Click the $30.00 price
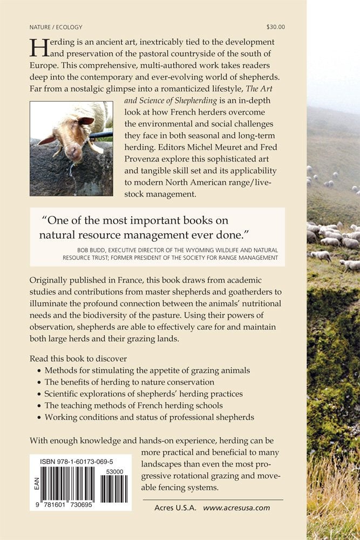(276, 26)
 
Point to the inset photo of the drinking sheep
(71, 148)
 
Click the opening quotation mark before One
(45, 221)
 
